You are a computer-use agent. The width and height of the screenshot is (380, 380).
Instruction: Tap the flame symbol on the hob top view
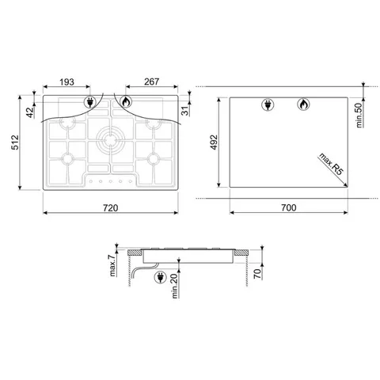click(126, 101)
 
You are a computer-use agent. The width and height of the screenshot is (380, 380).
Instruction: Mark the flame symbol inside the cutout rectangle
click(301, 104)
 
